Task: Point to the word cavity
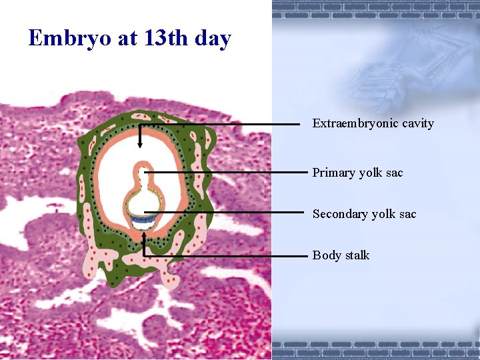(416, 124)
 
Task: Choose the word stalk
(357, 255)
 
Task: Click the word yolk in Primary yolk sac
(371, 173)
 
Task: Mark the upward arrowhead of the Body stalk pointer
(144, 235)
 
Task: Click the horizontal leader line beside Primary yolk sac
(227, 172)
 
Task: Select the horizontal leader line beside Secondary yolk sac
(227, 213)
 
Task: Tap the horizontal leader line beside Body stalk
(227, 255)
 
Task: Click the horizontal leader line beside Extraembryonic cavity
(220, 124)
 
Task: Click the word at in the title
(127, 39)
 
